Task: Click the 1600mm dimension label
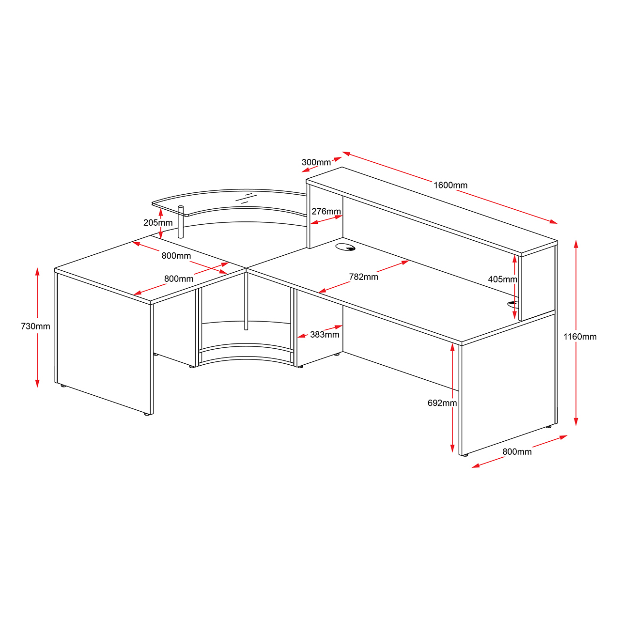(450, 185)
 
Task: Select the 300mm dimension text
(316, 162)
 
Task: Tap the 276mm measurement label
(326, 212)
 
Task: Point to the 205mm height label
(158, 223)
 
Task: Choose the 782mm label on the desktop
(363, 277)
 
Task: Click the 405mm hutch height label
(502, 279)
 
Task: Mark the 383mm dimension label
(325, 335)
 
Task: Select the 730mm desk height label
(35, 326)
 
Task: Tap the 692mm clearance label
(442, 403)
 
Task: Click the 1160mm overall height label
(580, 337)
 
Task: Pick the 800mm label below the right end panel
(517, 452)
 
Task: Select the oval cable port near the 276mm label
(345, 248)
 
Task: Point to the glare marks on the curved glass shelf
(248, 197)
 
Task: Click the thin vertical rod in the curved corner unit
(246, 303)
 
